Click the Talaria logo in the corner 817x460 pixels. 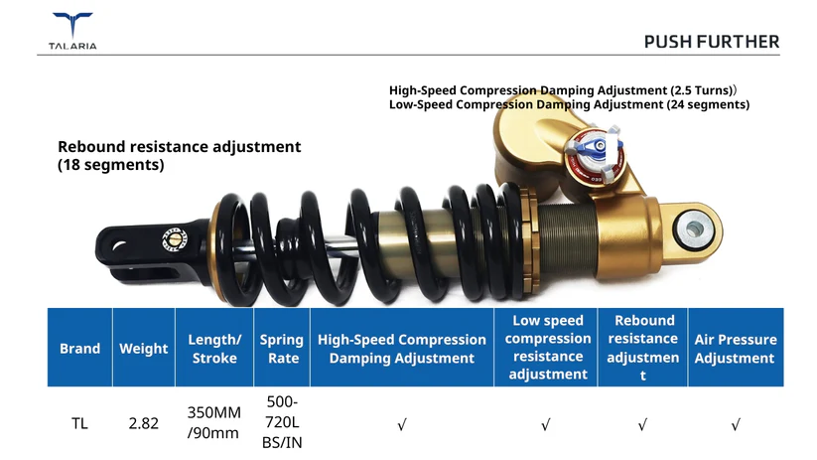[72, 31]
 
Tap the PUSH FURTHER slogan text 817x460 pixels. [711, 42]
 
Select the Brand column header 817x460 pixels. [79, 349]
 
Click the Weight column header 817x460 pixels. [143, 349]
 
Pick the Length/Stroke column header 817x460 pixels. [214, 349]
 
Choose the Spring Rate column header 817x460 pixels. [282, 349]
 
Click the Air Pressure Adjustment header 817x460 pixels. [736, 349]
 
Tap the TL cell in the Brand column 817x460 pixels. [79, 423]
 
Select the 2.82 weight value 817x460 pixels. [143, 423]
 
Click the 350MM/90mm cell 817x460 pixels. [213, 422]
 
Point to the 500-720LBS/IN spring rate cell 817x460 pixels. [282, 422]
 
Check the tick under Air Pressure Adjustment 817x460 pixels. [736, 425]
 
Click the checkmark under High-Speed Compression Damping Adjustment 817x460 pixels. [402, 425]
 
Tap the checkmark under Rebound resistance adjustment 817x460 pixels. [642, 425]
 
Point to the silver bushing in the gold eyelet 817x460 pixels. [694, 229]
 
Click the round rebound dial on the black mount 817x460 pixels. [175, 239]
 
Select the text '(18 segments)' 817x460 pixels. [111, 165]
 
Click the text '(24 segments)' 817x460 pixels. [708, 105]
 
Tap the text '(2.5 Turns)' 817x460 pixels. [703, 90]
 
